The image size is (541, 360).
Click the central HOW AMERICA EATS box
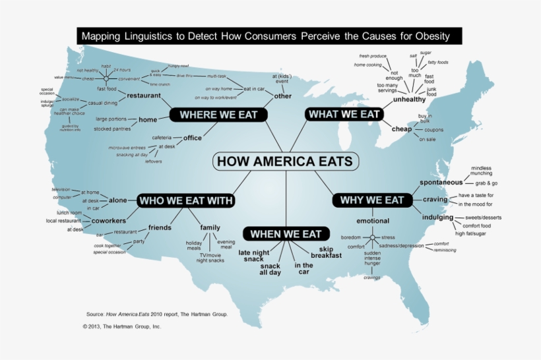click(x=285, y=161)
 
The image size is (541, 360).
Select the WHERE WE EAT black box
click(x=218, y=115)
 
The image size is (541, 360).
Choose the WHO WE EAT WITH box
click(x=186, y=200)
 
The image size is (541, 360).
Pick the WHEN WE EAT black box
click(x=286, y=234)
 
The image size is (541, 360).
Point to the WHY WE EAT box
click(x=371, y=200)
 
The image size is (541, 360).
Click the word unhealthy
click(x=410, y=100)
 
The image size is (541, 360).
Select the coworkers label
click(x=108, y=220)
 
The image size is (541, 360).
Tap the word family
click(x=210, y=227)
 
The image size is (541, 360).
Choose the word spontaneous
click(x=441, y=182)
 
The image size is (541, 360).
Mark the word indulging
click(x=437, y=217)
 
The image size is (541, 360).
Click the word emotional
click(x=373, y=221)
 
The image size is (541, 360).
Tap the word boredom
click(x=351, y=237)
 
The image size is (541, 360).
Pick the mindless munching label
click(x=481, y=171)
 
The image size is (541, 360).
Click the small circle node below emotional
click(x=373, y=237)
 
